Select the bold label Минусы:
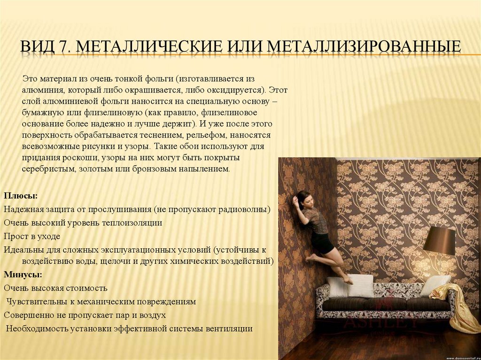pos(23,275)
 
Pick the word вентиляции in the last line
pos(229,329)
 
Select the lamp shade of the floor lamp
pos(439,240)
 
